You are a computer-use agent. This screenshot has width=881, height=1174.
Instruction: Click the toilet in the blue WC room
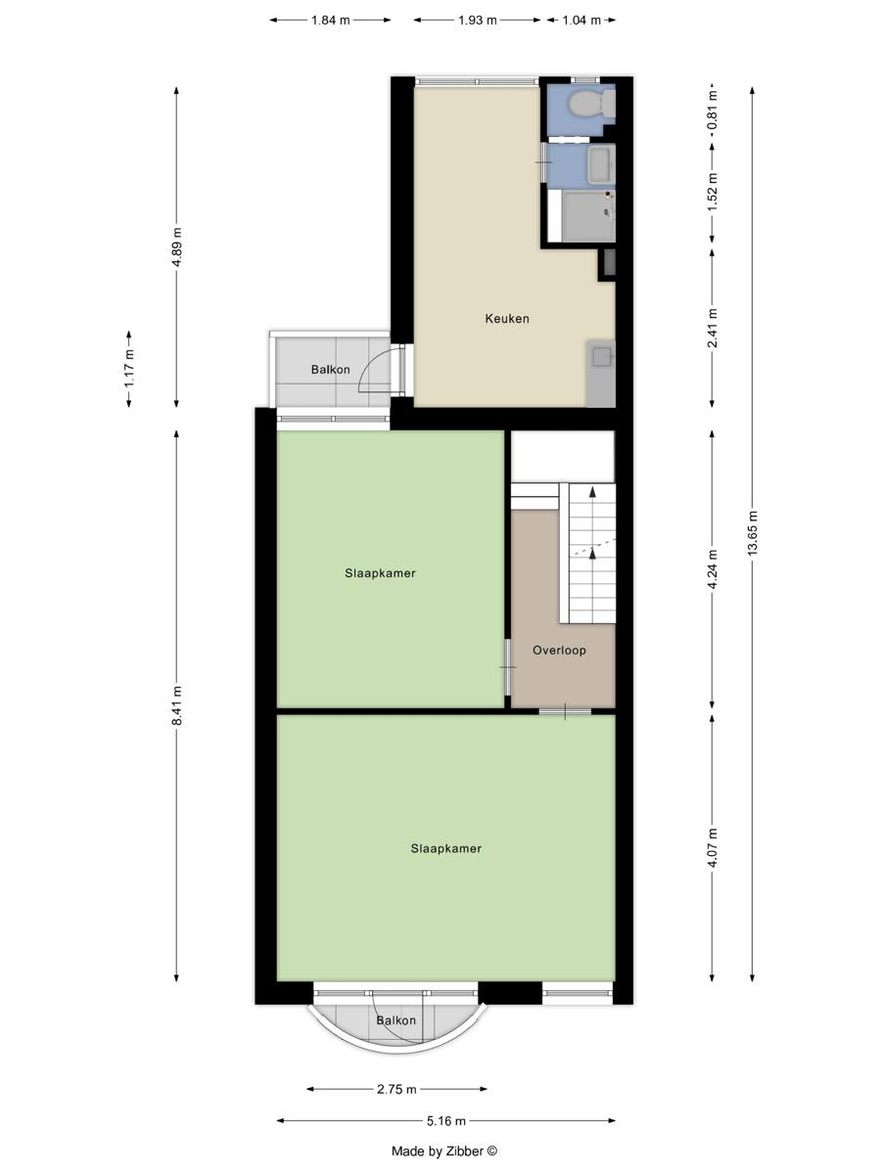591,103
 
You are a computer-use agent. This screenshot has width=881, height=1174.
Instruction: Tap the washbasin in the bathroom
601,165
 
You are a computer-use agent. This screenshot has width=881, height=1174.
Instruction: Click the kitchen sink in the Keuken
602,357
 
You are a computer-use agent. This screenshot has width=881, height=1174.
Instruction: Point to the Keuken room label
507,319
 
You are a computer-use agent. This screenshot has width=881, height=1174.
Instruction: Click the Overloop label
559,651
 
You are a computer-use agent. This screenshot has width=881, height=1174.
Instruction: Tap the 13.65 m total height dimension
753,534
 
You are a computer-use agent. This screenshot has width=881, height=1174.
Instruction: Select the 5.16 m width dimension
446,1121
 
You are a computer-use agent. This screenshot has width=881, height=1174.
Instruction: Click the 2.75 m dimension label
396,1090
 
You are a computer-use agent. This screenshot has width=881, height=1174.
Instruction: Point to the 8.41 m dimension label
177,706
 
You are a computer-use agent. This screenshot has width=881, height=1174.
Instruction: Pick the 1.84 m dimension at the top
331,21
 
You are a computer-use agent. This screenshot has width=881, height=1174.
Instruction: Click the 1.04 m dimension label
581,21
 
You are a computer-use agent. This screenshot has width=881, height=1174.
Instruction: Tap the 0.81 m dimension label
712,111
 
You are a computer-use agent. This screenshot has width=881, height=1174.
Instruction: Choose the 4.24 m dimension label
712,569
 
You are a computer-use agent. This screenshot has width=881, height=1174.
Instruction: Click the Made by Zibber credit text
444,1151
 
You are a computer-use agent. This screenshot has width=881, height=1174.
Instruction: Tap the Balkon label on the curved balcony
395,1020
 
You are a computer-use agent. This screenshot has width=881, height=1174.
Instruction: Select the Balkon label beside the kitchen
331,370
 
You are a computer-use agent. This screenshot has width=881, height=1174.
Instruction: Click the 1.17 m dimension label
129,369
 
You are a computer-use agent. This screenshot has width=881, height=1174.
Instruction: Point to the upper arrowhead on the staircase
592,491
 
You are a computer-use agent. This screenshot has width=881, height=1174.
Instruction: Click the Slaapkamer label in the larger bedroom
446,848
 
